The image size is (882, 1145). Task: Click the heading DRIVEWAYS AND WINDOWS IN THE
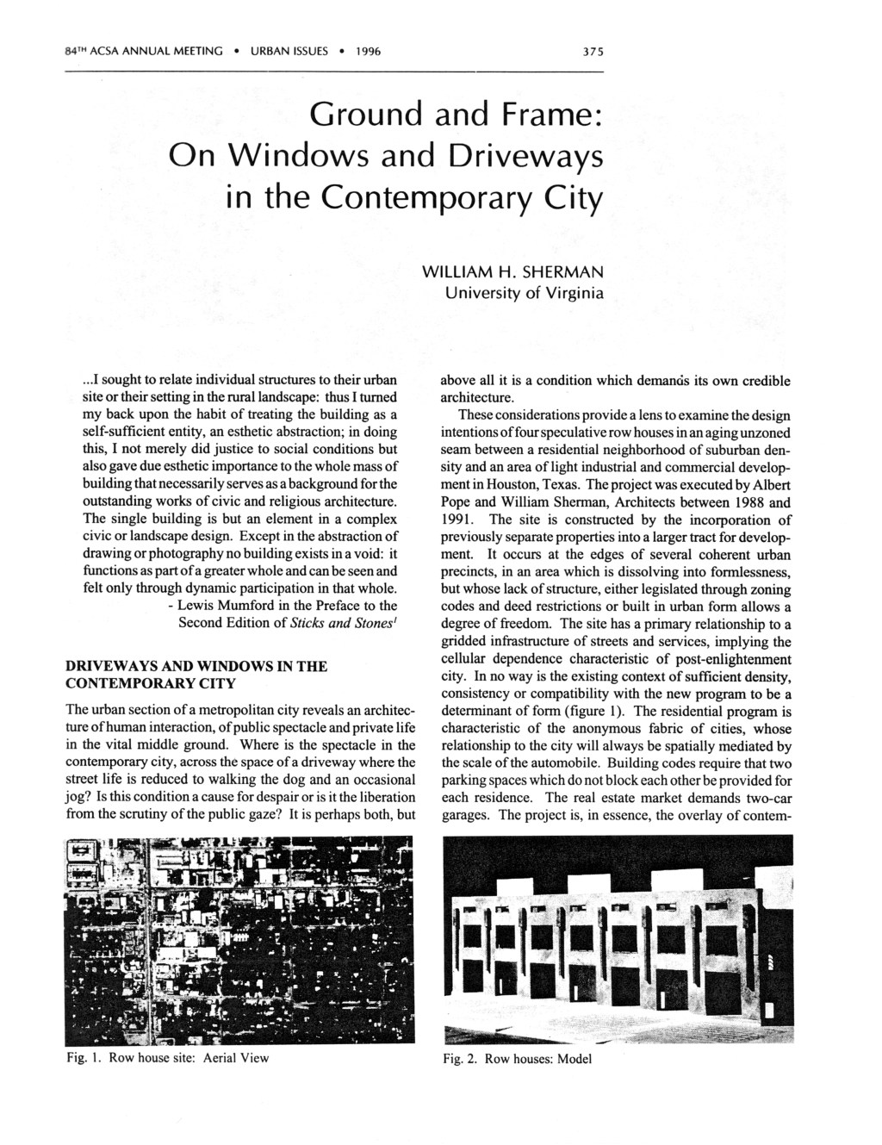point(196,666)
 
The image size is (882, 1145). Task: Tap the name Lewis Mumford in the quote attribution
point(217,606)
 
